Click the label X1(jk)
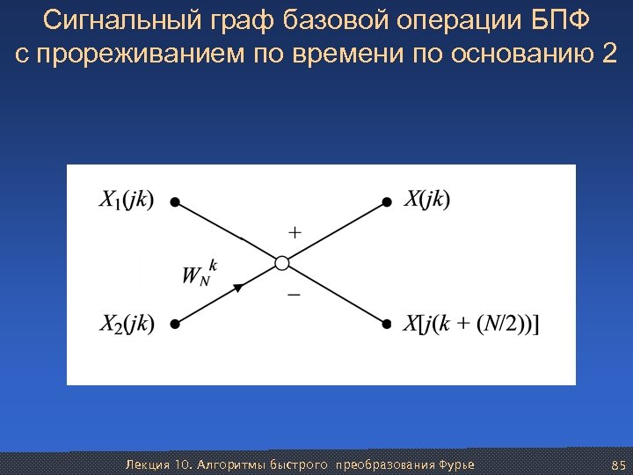click(126, 201)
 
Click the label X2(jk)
click(126, 324)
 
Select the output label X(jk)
click(427, 201)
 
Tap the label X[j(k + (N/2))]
click(473, 324)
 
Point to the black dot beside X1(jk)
click(175, 201)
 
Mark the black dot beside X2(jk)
click(175, 324)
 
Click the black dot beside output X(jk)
click(387, 201)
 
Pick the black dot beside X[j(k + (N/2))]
click(387, 324)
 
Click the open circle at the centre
click(281, 262)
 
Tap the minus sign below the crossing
click(294, 295)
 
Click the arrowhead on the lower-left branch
click(237, 287)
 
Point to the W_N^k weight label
click(200, 272)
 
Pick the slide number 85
click(616, 464)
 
